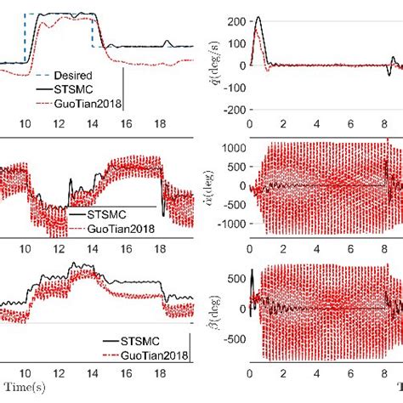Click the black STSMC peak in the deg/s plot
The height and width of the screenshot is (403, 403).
(x=258, y=18)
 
